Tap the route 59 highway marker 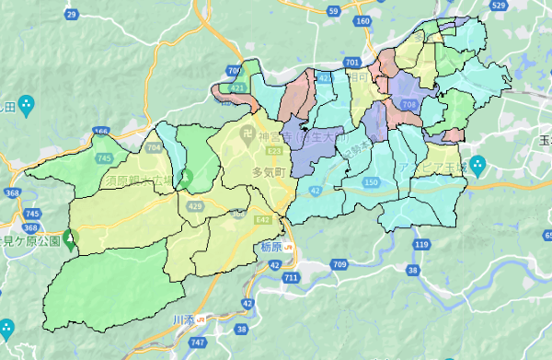(x=334, y=10)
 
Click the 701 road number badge (x=352, y=62)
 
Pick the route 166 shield (x=100, y=133)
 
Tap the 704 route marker (x=153, y=146)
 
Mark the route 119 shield (x=421, y=244)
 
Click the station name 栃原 (x=270, y=248)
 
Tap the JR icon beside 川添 (x=200, y=319)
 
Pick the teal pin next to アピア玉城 (x=477, y=168)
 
